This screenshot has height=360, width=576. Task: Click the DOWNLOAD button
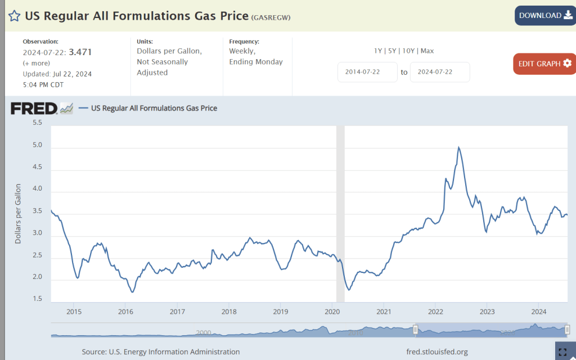[x=544, y=15]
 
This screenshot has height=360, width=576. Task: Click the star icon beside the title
[x=14, y=16]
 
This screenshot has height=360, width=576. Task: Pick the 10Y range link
[x=409, y=51]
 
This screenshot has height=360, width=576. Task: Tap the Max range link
[x=427, y=51]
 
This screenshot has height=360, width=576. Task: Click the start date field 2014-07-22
[x=367, y=72]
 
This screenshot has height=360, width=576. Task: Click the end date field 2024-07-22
[x=439, y=72]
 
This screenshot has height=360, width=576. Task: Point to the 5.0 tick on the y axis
[x=37, y=145]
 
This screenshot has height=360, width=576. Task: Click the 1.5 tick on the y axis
[x=37, y=299]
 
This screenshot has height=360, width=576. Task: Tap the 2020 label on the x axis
[x=332, y=311]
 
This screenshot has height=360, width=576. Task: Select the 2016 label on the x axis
[x=125, y=311]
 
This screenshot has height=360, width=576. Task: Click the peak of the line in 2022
[x=459, y=147]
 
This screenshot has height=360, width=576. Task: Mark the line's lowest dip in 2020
[x=349, y=290]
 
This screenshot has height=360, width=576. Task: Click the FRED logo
[x=34, y=108]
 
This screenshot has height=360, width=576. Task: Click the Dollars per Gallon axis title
[x=18, y=214]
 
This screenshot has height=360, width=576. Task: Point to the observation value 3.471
[x=80, y=52]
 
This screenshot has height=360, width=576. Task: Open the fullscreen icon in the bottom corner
[x=562, y=352]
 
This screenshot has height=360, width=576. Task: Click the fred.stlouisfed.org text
[x=437, y=352]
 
